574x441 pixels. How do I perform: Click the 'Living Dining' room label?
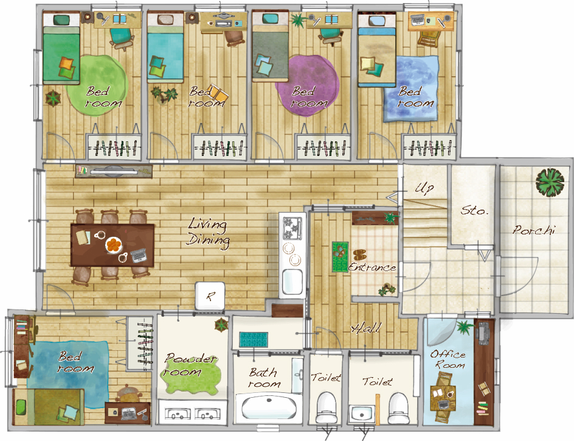click(x=209, y=233)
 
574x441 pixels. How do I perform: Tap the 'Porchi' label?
click(x=534, y=230)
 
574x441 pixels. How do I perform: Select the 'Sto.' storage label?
click(x=474, y=210)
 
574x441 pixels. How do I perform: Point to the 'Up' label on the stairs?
click(x=424, y=188)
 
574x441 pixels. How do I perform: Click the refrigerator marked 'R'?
click(x=210, y=296)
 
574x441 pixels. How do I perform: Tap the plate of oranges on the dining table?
click(x=114, y=245)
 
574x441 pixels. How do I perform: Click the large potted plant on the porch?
click(x=550, y=182)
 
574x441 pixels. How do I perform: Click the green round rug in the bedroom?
click(x=98, y=85)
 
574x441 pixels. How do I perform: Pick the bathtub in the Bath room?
click(x=269, y=408)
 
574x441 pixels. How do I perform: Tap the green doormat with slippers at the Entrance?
click(x=340, y=256)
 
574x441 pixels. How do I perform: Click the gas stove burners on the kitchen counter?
click(x=292, y=227)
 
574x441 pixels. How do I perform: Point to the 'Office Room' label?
click(x=448, y=359)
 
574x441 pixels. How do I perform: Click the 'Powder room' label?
click(x=190, y=364)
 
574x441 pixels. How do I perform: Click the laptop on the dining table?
click(x=139, y=255)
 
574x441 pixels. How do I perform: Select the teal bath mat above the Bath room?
click(x=254, y=339)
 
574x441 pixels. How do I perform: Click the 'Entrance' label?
click(x=372, y=267)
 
